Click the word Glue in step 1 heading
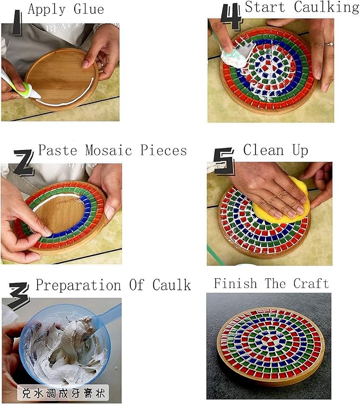(89, 10)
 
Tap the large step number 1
(17, 22)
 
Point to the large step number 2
(23, 163)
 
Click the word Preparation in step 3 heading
(78, 285)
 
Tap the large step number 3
(19, 296)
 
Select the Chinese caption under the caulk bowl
(63, 393)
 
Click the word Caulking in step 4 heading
(327, 7)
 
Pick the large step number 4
(231, 16)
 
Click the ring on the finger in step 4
(329, 44)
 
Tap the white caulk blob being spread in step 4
(235, 57)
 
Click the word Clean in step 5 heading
(264, 150)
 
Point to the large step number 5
(224, 162)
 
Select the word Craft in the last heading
(311, 284)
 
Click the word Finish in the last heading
(235, 284)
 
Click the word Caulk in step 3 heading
(171, 285)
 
